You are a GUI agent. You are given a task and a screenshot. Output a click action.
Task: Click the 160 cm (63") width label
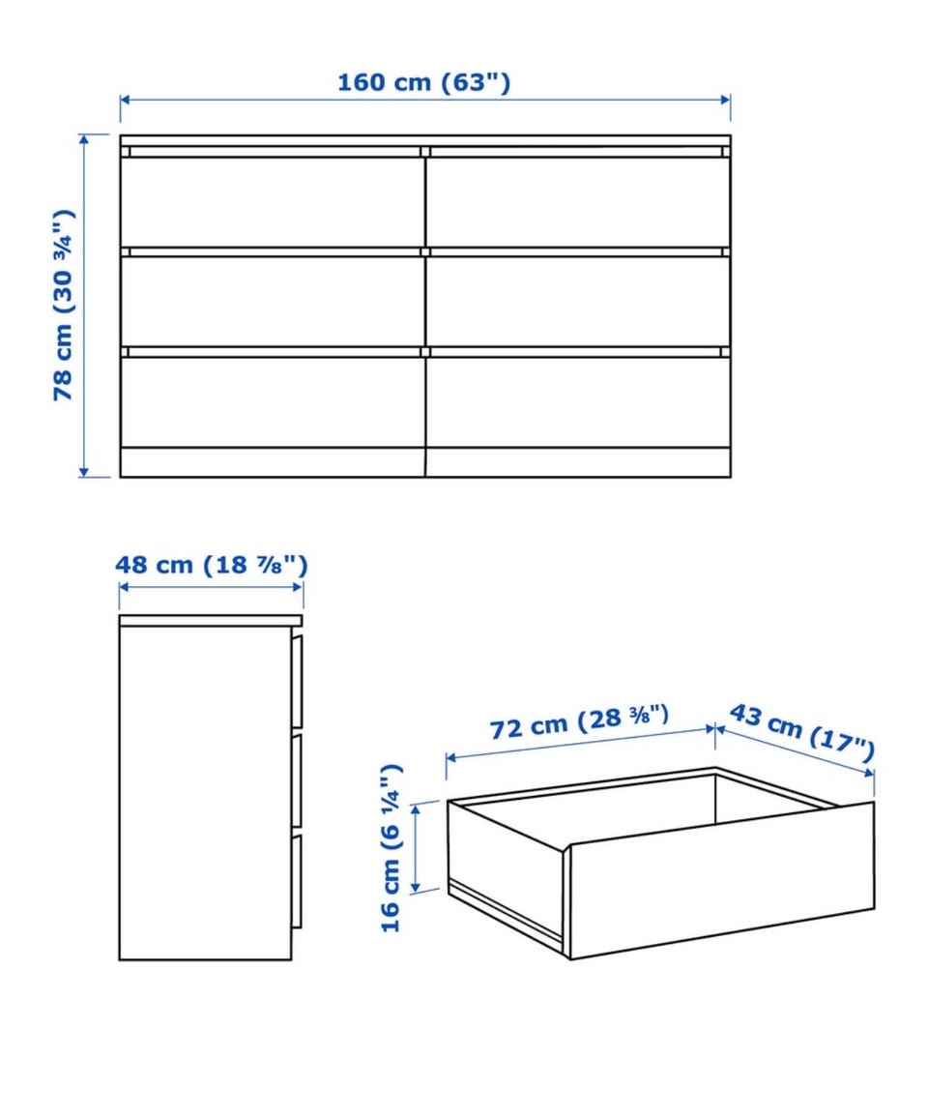pos(423,82)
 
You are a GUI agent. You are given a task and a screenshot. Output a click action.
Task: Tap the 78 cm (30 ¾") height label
pos(64,305)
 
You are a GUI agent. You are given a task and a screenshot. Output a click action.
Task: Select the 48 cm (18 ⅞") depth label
pos(212,565)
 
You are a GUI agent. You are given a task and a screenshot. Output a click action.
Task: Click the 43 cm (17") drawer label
pos(802,733)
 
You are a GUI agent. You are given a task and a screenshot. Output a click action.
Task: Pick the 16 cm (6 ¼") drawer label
pos(391,848)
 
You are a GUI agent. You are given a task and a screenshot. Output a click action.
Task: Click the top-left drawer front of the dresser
pos(273,201)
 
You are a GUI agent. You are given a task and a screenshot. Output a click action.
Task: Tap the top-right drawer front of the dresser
pos(578,201)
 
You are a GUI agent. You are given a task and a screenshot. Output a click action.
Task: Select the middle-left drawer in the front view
pos(273,302)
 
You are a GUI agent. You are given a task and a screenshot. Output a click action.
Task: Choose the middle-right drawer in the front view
pos(578,302)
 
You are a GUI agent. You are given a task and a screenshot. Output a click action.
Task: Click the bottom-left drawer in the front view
pos(273,401)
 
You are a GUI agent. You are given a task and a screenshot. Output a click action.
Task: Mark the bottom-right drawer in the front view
pos(578,401)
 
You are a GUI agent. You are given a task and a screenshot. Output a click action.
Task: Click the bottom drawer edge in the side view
pos(296,881)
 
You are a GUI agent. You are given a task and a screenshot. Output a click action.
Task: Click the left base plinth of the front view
pos(273,462)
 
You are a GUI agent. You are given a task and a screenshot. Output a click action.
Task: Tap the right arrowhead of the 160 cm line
pos(726,99)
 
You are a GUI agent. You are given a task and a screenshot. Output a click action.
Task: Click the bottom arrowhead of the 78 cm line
pos(84,472)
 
